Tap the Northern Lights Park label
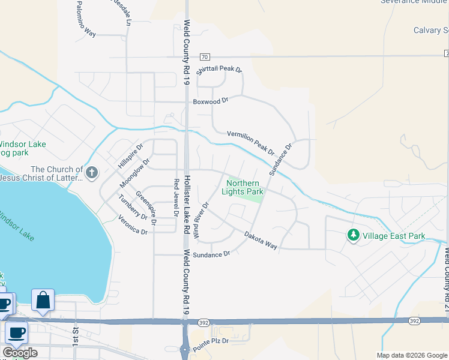point(244,187)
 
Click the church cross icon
point(92,173)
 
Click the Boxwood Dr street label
point(211,101)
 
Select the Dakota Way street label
point(261,241)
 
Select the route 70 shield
point(204,57)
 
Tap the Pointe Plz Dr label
point(212,340)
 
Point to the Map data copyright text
point(411,355)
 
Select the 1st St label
point(76,336)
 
